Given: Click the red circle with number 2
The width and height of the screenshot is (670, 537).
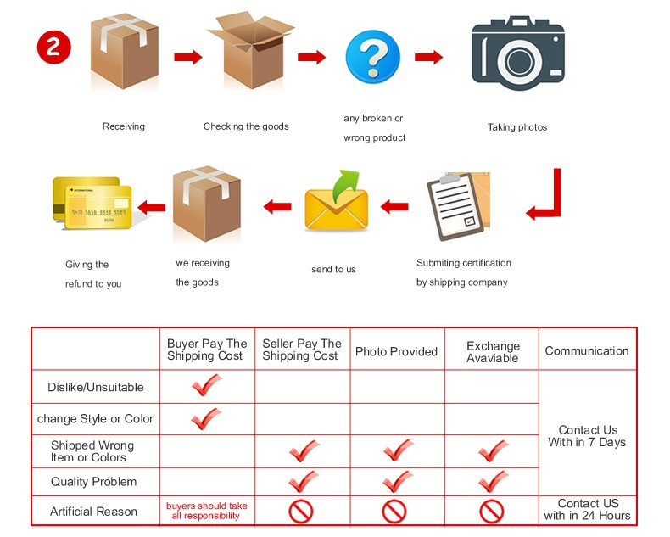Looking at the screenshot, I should coord(53,46).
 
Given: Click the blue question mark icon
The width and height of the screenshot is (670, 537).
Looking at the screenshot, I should coord(372,57).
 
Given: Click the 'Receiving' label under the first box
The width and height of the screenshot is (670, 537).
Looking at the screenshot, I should coord(124,126).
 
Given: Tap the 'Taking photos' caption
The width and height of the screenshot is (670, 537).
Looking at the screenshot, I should coord(517,127).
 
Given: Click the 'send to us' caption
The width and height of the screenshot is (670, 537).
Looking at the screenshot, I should coord(333,269).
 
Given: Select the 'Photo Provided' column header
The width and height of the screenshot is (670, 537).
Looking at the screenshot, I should coord(396,351).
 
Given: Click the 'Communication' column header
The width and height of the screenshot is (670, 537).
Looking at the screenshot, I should coord(587,350).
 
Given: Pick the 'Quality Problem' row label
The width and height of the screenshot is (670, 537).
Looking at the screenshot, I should coord(93,482).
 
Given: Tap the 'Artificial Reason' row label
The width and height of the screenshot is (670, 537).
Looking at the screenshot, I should coord(93,512).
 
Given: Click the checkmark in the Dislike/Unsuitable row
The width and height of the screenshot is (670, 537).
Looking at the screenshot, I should coord(206,386).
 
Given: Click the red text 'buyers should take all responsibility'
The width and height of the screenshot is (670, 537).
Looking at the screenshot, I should coord(207,511).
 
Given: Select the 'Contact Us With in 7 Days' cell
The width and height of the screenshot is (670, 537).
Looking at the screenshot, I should coord(588,436).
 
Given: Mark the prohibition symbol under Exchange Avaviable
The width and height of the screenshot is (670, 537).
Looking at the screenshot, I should coord(492,512).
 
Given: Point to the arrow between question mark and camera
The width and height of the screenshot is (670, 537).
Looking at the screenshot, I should coord(429,58).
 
